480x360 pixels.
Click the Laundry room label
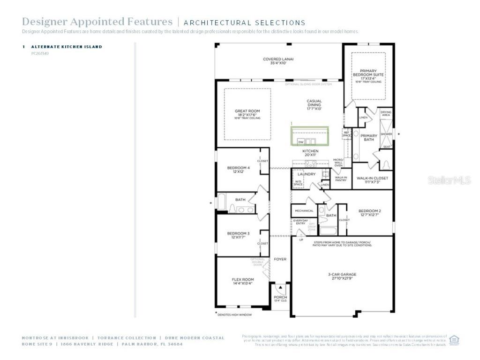(307, 174)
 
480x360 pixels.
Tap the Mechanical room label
(304, 211)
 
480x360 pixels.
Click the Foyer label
(280, 259)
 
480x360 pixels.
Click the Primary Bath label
(369, 137)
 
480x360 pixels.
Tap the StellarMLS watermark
(449, 180)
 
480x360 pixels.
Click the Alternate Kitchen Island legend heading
(67, 47)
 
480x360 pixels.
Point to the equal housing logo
(454, 340)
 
